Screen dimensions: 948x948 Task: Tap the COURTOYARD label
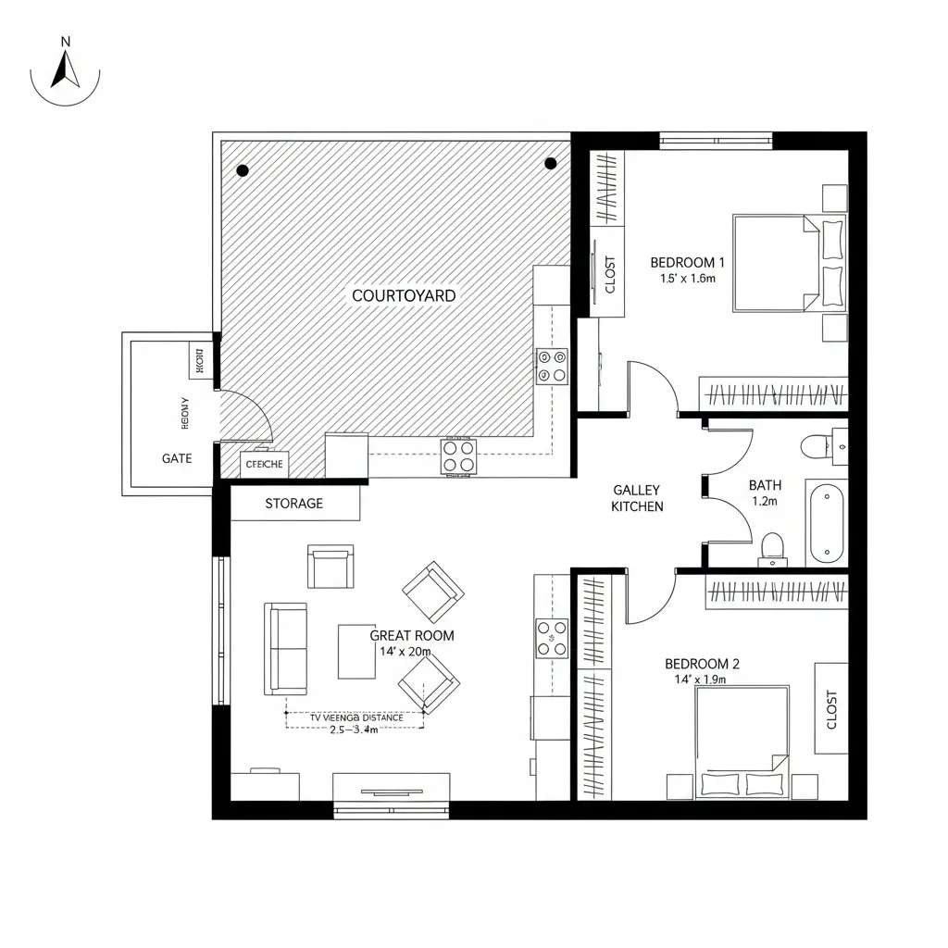click(404, 296)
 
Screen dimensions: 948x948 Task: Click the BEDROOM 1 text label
click(688, 262)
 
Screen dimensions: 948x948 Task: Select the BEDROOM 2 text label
click(702, 664)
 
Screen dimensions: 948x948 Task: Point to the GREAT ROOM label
click(412, 635)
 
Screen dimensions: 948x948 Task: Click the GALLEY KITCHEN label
click(637, 498)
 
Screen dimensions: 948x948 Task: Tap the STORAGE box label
click(294, 504)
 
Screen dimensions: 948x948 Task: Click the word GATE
click(177, 458)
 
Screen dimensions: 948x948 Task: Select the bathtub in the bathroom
click(826, 522)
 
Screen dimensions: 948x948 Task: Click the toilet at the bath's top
click(816, 445)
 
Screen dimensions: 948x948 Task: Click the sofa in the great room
click(286, 648)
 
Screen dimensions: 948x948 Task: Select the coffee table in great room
click(356, 651)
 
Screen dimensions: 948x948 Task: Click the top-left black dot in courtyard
click(243, 170)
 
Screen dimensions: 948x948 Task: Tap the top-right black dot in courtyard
click(551, 164)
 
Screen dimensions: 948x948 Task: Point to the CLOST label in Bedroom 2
click(830, 709)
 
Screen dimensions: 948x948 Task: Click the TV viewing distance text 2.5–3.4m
click(354, 729)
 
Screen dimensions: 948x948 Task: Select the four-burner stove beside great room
click(552, 638)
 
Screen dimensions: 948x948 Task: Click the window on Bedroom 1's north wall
click(716, 140)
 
